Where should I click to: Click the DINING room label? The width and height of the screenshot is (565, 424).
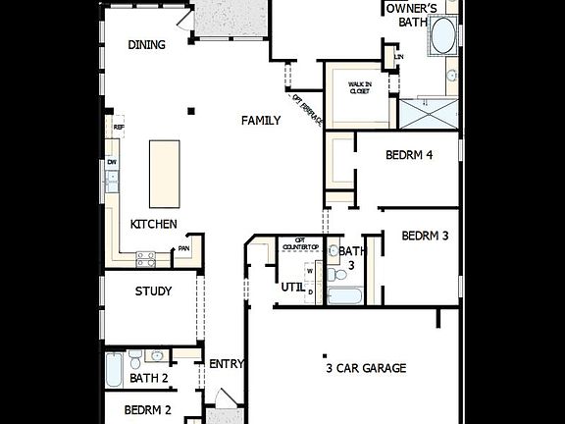[146, 45]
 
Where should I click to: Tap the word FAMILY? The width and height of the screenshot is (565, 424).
[261, 121]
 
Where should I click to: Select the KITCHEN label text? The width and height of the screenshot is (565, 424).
[154, 224]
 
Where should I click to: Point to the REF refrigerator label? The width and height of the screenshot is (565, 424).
[119, 127]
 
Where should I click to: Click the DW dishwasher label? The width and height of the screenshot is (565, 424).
[113, 162]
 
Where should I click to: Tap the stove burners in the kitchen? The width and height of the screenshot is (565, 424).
[145, 259]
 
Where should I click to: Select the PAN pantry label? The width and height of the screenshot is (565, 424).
[183, 249]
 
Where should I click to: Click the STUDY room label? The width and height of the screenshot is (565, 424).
[153, 291]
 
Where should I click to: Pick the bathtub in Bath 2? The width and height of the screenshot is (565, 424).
[115, 372]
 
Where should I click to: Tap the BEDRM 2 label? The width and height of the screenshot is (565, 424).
[147, 410]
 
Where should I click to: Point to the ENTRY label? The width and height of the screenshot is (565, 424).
[227, 364]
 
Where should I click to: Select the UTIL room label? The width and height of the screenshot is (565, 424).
[292, 288]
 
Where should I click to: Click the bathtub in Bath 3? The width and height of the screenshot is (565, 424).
[344, 293]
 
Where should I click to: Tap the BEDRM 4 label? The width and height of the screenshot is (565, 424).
[409, 155]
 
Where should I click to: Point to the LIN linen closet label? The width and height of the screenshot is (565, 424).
[398, 57]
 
